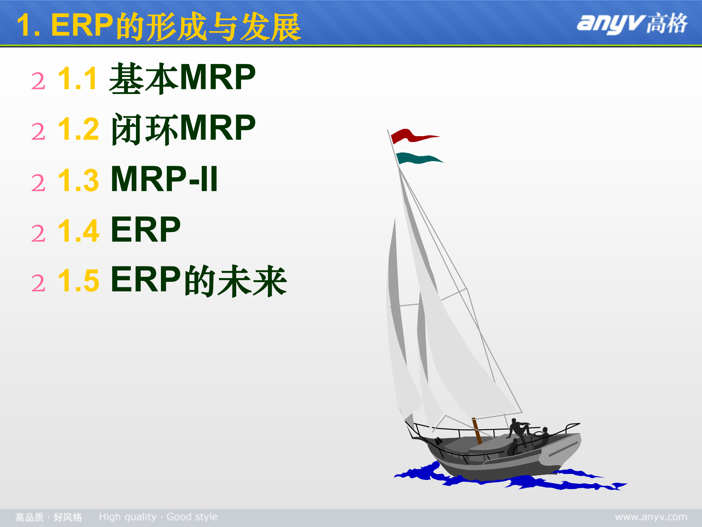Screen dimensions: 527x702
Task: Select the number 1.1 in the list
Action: click(x=78, y=78)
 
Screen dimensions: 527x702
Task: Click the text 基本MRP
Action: click(x=182, y=77)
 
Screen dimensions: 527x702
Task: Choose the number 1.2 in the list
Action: click(x=78, y=129)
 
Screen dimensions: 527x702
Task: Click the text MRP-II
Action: click(x=164, y=179)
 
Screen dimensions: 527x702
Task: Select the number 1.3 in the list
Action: click(x=78, y=180)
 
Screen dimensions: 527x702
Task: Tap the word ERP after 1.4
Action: click(x=146, y=229)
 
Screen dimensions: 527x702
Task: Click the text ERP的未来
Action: click(x=199, y=280)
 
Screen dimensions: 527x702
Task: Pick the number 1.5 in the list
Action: click(x=78, y=281)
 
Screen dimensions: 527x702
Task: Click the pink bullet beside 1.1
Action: click(x=38, y=81)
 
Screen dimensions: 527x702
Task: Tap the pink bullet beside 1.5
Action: click(x=38, y=283)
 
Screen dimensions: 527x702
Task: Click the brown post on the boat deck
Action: click(x=477, y=431)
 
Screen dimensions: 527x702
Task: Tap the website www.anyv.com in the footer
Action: click(x=651, y=517)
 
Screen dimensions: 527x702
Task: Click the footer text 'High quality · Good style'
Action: click(x=158, y=517)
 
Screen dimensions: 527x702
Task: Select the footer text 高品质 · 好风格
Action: click(x=49, y=517)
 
